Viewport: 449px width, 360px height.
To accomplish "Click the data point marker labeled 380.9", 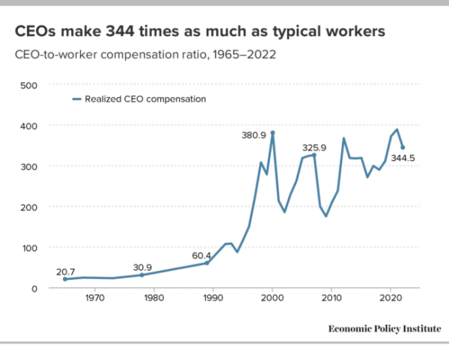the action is (272, 133).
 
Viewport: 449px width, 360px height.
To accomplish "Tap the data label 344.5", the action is (403, 158).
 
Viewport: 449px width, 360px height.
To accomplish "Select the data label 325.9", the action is (314, 147).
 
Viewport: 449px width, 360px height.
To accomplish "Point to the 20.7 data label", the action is (66, 272).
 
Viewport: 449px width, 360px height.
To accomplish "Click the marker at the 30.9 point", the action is (141, 275).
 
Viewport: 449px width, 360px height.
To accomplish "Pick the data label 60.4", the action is (201, 255).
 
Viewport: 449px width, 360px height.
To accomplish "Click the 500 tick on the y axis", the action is (28, 85).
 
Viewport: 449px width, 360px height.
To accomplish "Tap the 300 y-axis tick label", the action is (28, 167).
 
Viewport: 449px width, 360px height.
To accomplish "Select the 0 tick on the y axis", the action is (34, 289).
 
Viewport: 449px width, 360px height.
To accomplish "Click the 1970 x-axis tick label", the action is (95, 298).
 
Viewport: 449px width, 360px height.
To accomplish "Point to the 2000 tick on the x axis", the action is (272, 298).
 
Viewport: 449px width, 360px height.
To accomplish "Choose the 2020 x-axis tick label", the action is (391, 298).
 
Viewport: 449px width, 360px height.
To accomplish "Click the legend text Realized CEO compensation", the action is (145, 99).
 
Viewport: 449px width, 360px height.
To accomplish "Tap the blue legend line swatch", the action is (77, 99).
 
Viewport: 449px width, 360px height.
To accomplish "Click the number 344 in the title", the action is (120, 31).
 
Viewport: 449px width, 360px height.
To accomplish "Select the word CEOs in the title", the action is (35, 31).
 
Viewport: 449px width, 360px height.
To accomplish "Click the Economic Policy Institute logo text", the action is (385, 329).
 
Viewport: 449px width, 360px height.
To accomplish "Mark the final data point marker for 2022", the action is (403, 147).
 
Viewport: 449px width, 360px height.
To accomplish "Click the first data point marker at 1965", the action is (65, 279).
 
